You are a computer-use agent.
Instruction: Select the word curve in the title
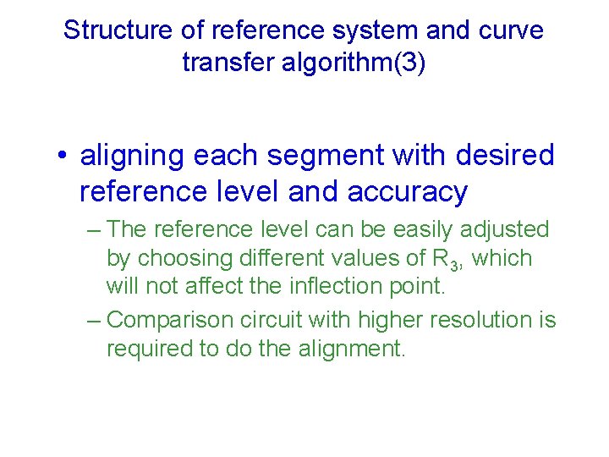(509, 30)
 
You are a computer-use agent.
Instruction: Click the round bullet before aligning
(63, 157)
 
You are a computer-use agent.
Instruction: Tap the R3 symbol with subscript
(446, 259)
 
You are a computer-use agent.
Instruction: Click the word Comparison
(172, 320)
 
